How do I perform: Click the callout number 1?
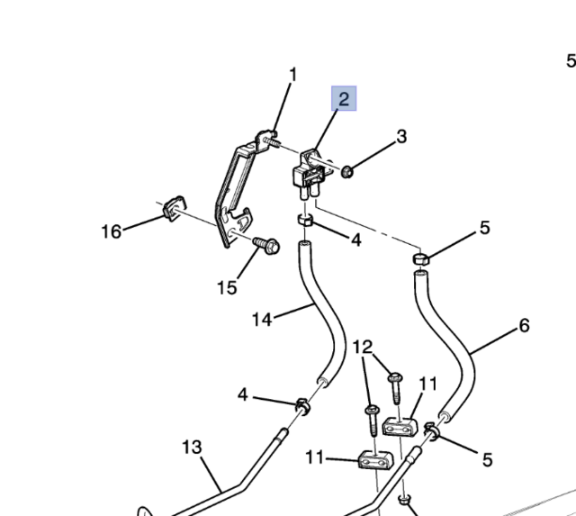(x=292, y=75)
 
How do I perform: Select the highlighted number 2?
(x=344, y=98)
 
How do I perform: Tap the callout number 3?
(x=401, y=137)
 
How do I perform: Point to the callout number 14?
(x=261, y=319)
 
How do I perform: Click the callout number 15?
(x=227, y=287)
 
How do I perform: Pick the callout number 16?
(x=111, y=232)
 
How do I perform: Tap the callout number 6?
(x=524, y=325)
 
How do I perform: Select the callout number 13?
(x=192, y=447)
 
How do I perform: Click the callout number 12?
(x=362, y=347)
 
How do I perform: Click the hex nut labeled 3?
(x=346, y=170)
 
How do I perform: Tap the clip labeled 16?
(x=173, y=211)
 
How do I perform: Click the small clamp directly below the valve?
(x=305, y=221)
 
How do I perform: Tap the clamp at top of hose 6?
(x=419, y=260)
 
